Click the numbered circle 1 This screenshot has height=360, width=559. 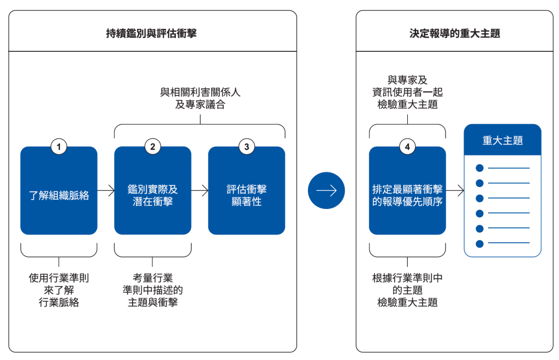point(58,147)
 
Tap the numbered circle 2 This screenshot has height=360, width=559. point(152,147)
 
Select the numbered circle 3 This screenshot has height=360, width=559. point(246,147)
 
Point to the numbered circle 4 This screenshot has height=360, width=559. point(407,147)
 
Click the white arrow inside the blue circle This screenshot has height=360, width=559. point(326,190)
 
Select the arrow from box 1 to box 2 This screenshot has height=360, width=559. point(106,190)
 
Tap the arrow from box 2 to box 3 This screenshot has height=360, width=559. point(200,190)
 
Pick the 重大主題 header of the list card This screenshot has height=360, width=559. point(502,140)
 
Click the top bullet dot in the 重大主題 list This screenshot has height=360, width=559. point(479,168)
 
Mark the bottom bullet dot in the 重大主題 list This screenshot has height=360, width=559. point(479,243)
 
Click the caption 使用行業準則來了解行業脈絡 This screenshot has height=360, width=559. point(58,290)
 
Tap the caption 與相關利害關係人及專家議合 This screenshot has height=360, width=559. point(200,98)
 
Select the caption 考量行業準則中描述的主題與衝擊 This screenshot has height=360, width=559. point(152,290)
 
